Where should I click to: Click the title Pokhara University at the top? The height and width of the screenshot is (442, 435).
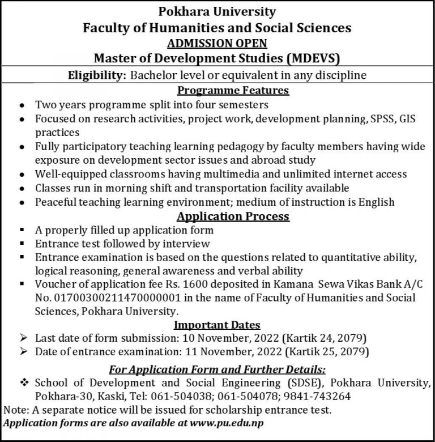tap(217, 11)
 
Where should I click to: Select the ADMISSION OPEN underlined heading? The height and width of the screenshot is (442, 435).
tap(217, 43)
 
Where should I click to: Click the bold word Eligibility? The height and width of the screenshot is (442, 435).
tap(97, 75)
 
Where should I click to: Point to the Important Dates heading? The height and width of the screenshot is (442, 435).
tap(217, 325)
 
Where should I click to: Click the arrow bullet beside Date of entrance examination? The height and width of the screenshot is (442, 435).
tap(23, 352)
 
